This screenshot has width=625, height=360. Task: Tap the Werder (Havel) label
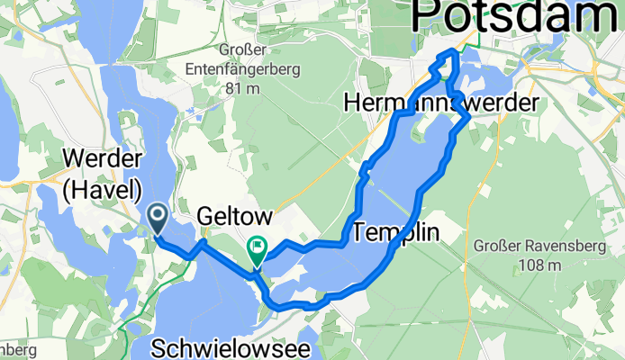(x=103, y=175)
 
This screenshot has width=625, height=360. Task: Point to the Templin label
(x=397, y=232)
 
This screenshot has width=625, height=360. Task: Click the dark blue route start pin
(x=157, y=216)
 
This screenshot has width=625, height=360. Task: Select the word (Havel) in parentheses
(x=103, y=190)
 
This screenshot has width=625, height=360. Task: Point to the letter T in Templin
(x=362, y=232)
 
